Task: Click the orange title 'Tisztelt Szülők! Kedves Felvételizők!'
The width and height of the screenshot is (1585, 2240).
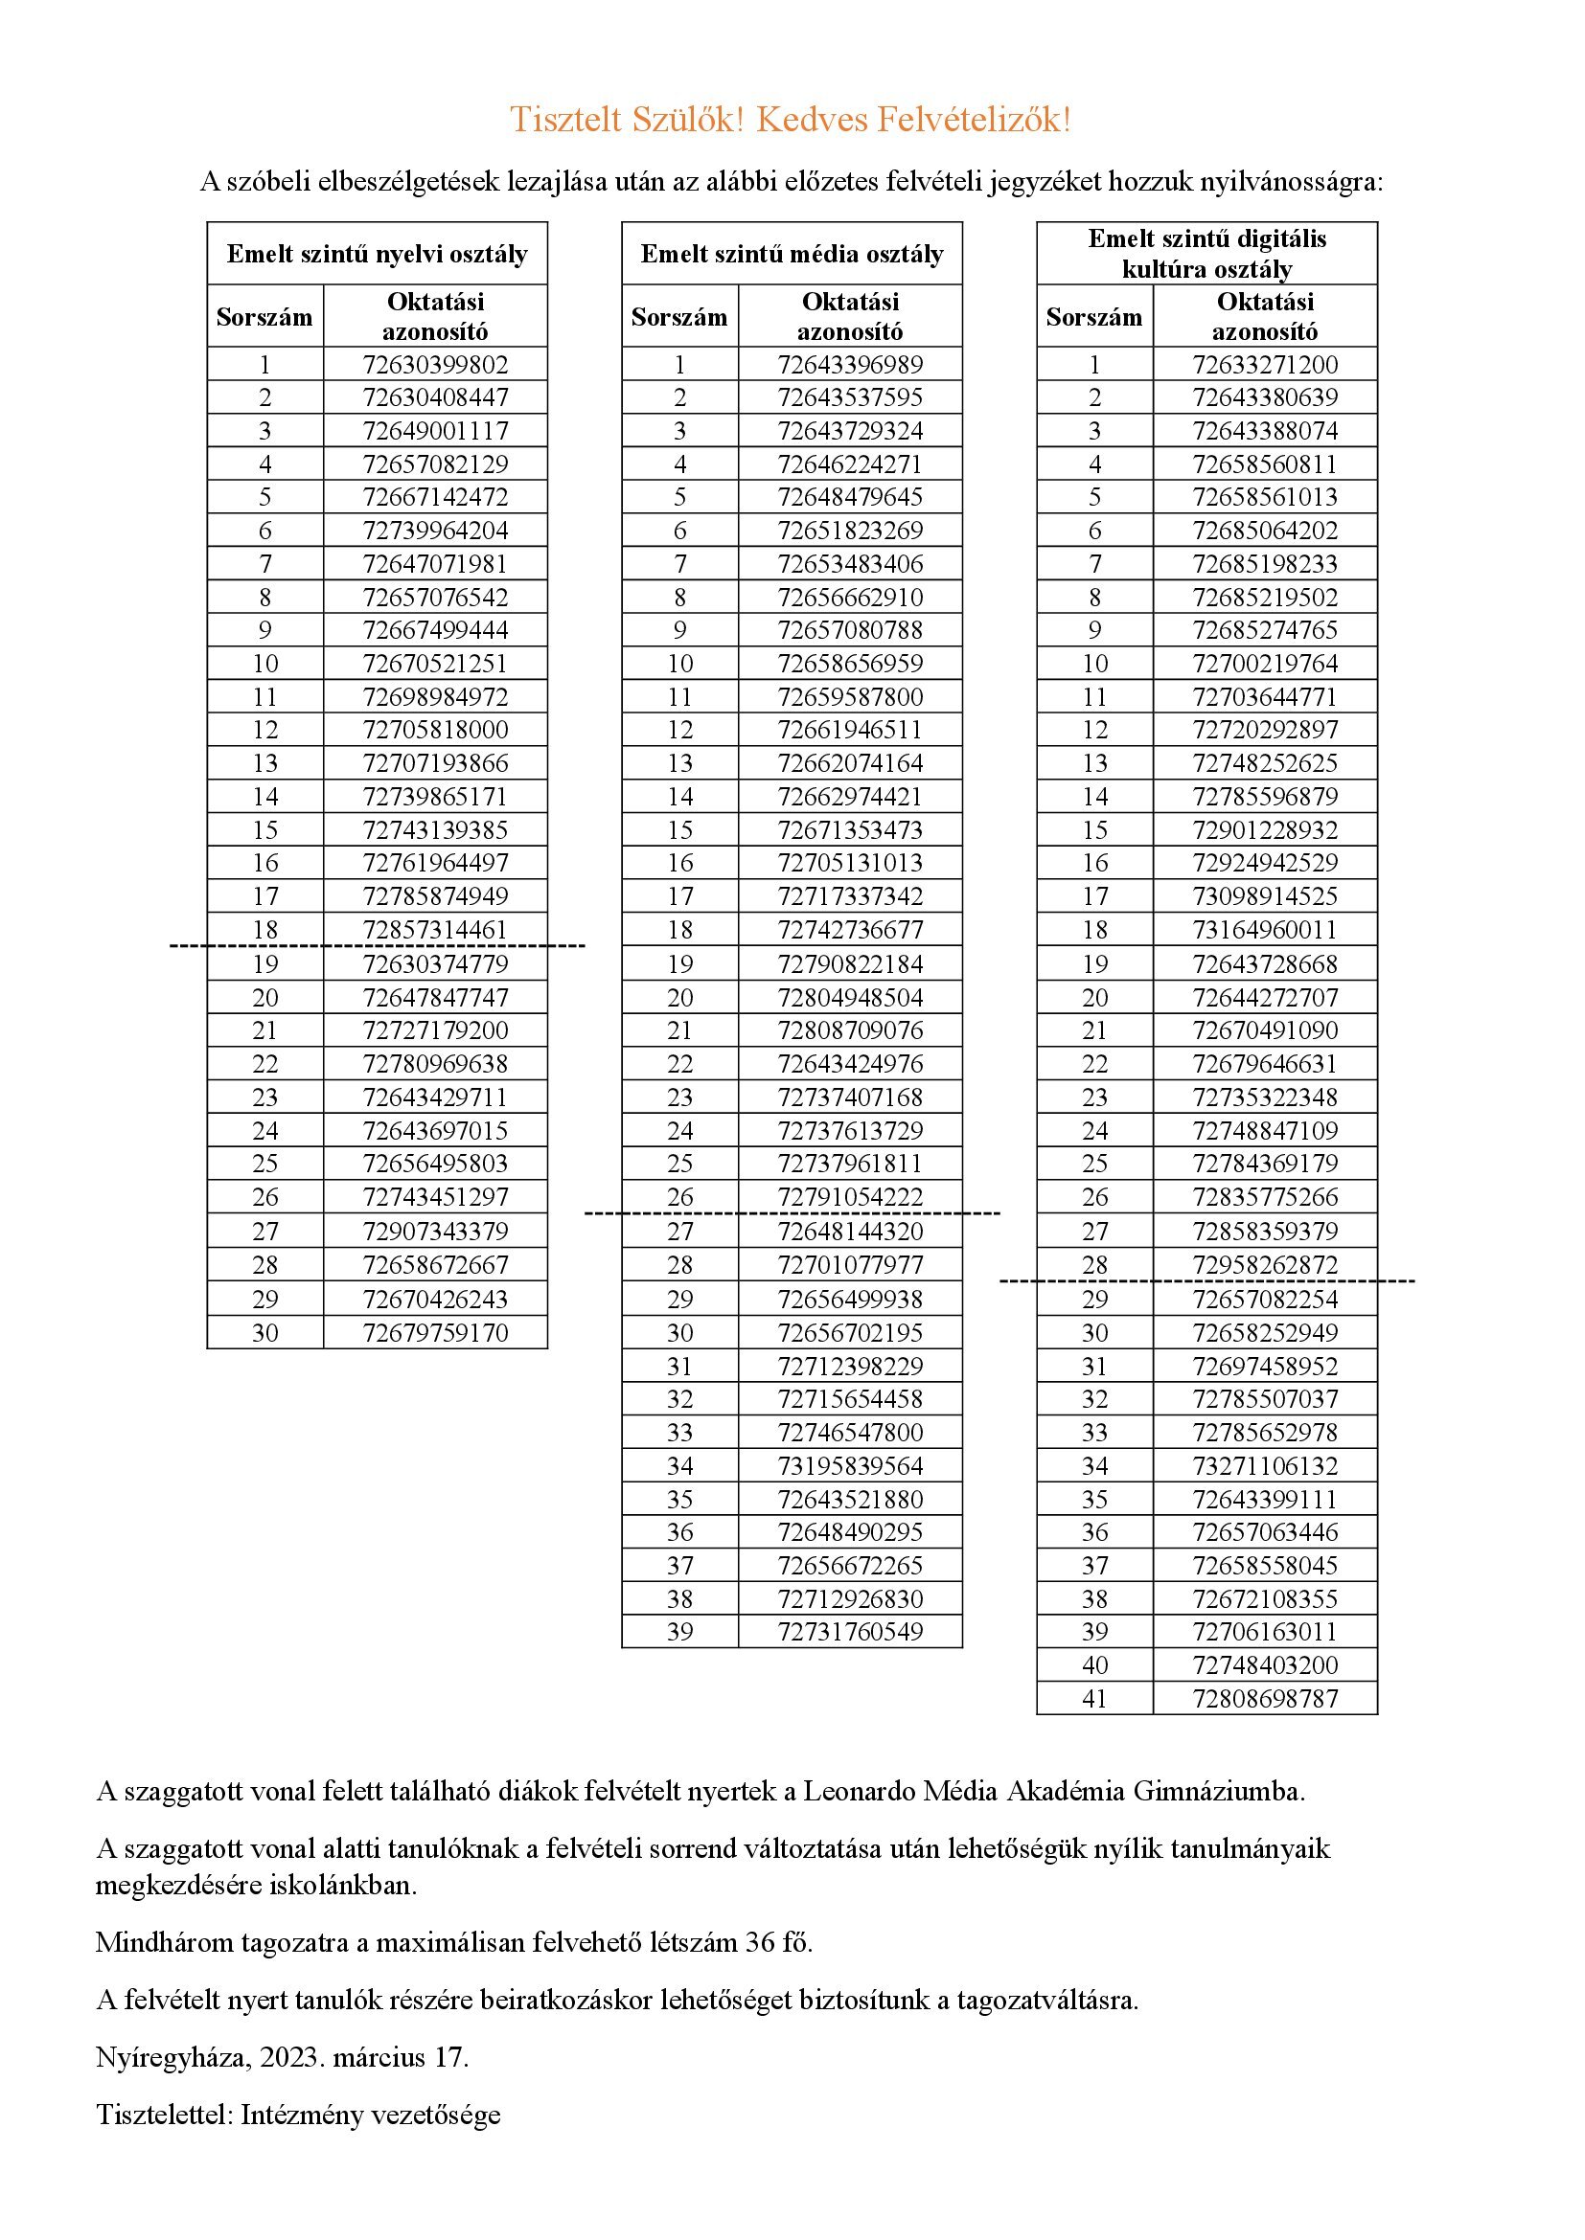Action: [791, 120]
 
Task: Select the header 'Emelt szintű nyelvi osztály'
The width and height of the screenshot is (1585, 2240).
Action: [377, 255]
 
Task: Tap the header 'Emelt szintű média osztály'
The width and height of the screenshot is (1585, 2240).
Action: [792, 255]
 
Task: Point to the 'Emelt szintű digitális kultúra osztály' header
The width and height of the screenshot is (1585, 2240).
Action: [1206, 254]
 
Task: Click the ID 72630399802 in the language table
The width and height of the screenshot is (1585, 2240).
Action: [435, 365]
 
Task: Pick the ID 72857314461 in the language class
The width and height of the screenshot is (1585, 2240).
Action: [435, 929]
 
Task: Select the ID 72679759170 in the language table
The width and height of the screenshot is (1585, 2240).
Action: [435, 1332]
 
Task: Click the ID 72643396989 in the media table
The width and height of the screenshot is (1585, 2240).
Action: [850, 365]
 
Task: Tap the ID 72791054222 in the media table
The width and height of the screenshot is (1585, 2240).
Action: [850, 1196]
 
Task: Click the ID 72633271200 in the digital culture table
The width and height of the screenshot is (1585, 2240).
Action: [1265, 365]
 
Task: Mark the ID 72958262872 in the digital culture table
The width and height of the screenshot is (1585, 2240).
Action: [1265, 1264]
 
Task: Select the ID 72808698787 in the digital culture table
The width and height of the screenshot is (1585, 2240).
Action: [1265, 1698]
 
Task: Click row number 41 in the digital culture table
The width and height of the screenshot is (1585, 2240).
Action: [1095, 1698]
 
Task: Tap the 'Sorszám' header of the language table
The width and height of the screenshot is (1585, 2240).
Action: [264, 317]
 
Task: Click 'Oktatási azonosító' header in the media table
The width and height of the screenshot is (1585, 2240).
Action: [850, 316]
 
